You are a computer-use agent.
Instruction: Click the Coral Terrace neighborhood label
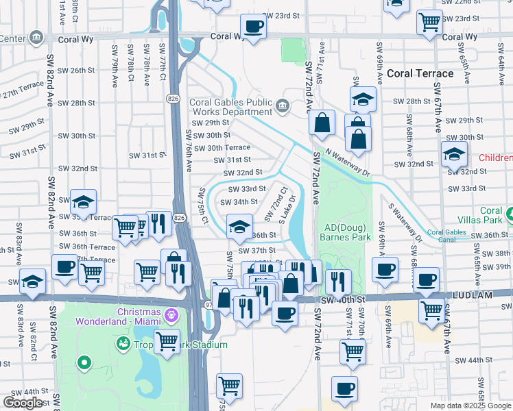pyautogui.click(x=420, y=73)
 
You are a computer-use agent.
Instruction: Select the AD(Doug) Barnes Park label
pyautogui.click(x=345, y=232)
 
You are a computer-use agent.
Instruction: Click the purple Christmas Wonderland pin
pyautogui.click(x=171, y=316)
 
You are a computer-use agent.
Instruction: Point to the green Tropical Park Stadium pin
pyautogui.click(x=123, y=342)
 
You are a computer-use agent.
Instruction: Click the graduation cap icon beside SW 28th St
pyautogui.click(x=363, y=99)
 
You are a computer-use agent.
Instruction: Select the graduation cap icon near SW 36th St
pyautogui.click(x=239, y=227)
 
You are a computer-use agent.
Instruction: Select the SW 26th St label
pyautogui.click(x=75, y=70)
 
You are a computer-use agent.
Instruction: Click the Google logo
pyautogui.click(x=23, y=402)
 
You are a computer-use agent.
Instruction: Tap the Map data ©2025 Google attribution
pyautogui.click(x=470, y=405)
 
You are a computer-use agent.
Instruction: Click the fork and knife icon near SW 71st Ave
pyautogui.click(x=338, y=280)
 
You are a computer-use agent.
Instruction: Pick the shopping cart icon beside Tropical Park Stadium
pyautogui.click(x=167, y=340)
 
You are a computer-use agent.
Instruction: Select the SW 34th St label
pyautogui.click(x=238, y=202)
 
